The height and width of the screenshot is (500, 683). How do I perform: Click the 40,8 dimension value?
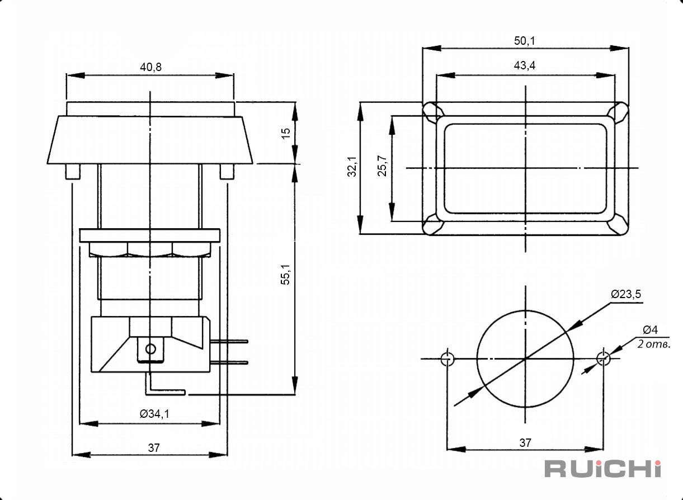[150, 67]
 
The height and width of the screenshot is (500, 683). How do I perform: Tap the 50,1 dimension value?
[525, 41]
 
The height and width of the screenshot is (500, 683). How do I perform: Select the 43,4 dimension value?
[525, 65]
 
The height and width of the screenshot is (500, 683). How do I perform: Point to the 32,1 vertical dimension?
[352, 167]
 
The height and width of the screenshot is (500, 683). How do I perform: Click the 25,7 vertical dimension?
[381, 166]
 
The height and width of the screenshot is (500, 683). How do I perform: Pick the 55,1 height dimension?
[285, 275]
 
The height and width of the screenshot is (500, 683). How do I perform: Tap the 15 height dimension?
[286, 134]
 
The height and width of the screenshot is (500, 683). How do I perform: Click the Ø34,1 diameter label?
[154, 414]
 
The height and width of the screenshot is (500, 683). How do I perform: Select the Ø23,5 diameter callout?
[626, 294]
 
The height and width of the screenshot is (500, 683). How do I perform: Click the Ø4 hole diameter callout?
[650, 329]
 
